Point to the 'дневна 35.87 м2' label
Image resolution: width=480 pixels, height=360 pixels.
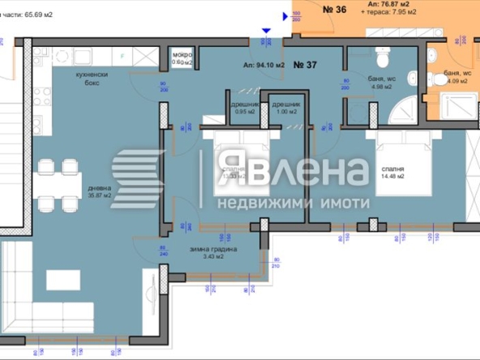pyautogui.click(x=101, y=191)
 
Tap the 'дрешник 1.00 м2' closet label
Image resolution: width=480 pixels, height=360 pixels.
pyautogui.click(x=286, y=110)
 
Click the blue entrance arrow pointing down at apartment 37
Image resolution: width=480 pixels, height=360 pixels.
pyautogui.click(x=265, y=32)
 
